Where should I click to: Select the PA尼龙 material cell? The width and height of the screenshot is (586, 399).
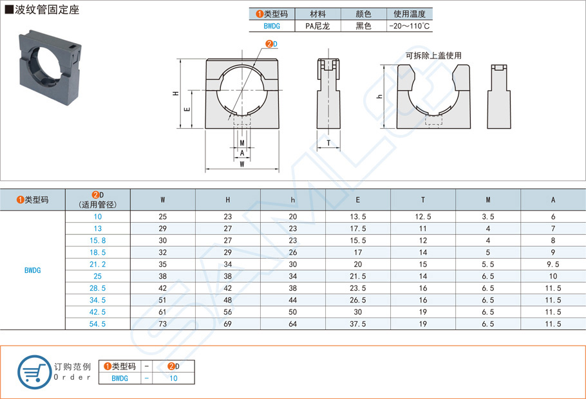point(317,26)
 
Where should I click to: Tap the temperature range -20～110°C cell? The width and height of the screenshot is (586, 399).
point(410,26)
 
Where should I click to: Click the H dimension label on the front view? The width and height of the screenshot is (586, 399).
point(176,94)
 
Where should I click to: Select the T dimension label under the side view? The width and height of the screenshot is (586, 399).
point(328,143)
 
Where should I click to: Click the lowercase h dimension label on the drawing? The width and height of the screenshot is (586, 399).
point(379,97)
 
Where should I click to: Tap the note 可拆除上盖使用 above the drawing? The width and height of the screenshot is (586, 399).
point(433,56)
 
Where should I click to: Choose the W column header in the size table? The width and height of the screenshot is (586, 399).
point(163,200)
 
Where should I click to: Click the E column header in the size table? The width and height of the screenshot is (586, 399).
point(358,200)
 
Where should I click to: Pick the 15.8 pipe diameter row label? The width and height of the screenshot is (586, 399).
point(97,240)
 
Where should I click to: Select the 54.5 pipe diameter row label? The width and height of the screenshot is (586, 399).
point(97,324)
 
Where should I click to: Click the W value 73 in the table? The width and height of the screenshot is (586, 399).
point(163,324)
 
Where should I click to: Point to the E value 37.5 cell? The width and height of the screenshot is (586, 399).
point(358,324)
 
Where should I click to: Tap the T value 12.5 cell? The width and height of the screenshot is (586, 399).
point(423,217)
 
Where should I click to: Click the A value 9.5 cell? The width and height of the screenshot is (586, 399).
point(553,264)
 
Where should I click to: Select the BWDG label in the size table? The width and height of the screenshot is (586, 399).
point(32,270)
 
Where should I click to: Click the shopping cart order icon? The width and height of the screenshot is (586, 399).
point(33,372)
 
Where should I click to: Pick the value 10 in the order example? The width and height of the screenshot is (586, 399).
point(173,378)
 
